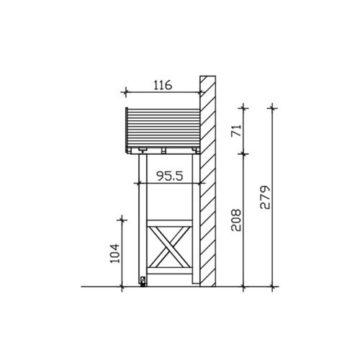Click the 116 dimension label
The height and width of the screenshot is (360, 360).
(163, 85)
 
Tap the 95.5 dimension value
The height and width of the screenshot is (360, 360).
(170, 176)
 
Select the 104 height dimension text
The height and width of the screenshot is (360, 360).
(114, 253)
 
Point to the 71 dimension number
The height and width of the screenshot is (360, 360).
(236, 131)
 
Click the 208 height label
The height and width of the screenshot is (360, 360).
(236, 220)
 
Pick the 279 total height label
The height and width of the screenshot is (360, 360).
(265, 197)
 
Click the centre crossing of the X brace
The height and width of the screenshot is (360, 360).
(169, 247)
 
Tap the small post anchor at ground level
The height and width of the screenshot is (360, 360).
(143, 282)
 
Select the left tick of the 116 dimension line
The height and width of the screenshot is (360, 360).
(125, 91)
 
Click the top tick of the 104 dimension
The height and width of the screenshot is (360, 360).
(122, 220)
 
